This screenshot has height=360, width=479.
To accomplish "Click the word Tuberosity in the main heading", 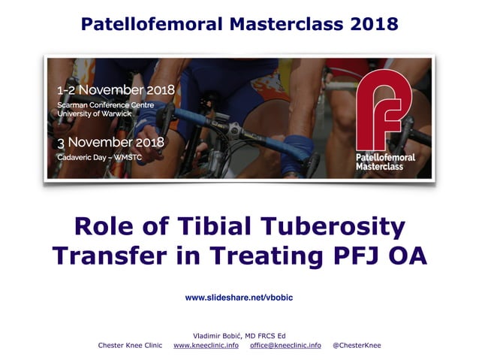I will [336, 226].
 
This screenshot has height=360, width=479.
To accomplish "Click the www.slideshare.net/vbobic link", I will [239, 298].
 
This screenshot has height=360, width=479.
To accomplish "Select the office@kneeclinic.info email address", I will [285, 345].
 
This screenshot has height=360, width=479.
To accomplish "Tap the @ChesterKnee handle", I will [357, 345].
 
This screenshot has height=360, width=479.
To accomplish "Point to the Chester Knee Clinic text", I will [130, 345].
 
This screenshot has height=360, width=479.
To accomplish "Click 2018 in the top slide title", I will [370, 23].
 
